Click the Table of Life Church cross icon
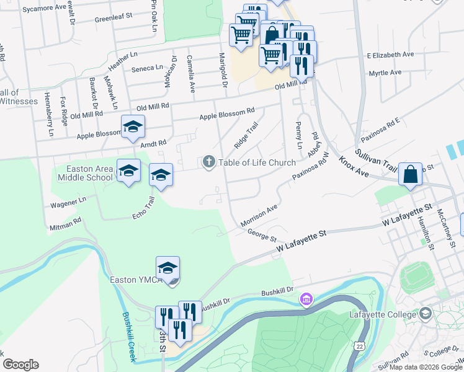pos(208,162)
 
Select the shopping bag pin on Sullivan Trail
pos(410,174)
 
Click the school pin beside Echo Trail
pos(160,176)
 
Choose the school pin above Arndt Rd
pos(133,128)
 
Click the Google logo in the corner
pos(20,365)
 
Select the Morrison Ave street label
pos(258,215)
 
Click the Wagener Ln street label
pos(65,201)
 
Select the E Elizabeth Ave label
pos(390,55)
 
